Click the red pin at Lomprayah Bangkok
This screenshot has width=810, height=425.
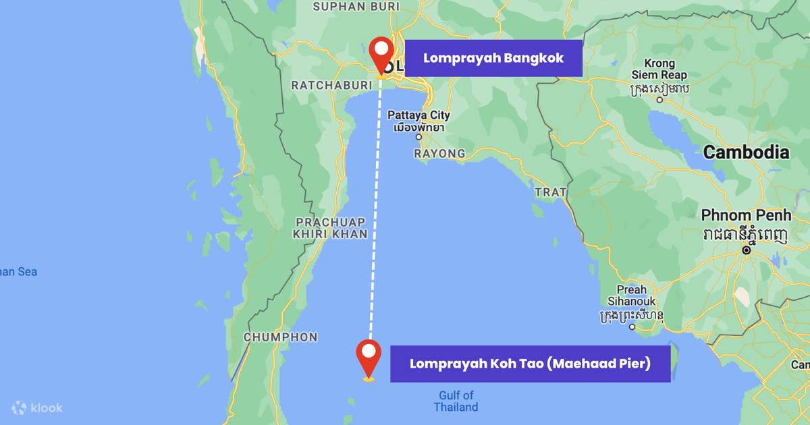tap(382, 53)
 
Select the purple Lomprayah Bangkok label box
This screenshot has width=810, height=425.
tap(493, 58)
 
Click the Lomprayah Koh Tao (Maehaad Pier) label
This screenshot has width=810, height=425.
tap(531, 364)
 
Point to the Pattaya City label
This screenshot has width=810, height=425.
tap(418, 115)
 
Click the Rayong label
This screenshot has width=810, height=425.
tap(439, 154)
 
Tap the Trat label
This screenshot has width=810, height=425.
tap(550, 192)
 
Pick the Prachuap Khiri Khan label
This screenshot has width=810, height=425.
tap(330, 228)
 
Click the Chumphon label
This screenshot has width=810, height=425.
tap(280, 337)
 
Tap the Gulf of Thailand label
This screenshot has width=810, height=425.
tap(456, 401)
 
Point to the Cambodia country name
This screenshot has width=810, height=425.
tap(746, 152)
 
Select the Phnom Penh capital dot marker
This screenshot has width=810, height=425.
tap(747, 250)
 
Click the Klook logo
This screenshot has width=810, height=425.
tap(38, 407)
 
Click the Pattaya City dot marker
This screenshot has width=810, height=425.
tap(418, 137)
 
